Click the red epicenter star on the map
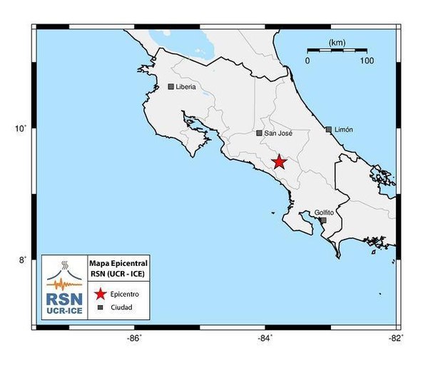click(x=279, y=162)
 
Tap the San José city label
click(x=279, y=133)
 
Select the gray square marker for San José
click(x=259, y=133)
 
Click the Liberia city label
click(x=185, y=87)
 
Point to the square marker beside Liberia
click(x=171, y=87)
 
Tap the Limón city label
click(x=344, y=130)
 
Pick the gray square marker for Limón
click(x=328, y=130)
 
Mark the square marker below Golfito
click(x=323, y=220)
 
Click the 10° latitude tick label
click(x=22, y=129)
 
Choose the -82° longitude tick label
click(x=396, y=338)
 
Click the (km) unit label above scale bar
click(x=337, y=43)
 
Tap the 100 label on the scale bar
click(x=367, y=61)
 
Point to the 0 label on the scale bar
click(x=307, y=61)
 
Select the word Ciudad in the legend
click(x=121, y=308)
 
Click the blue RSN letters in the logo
click(x=64, y=299)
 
